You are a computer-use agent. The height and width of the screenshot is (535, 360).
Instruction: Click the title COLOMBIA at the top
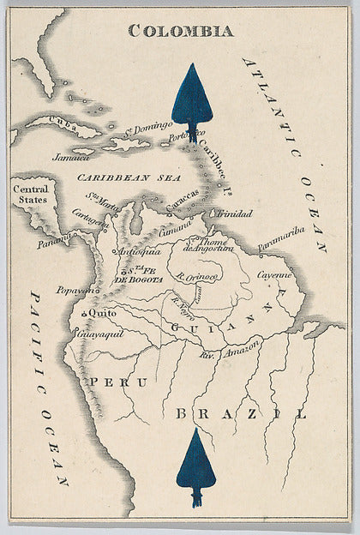(x=180, y=31)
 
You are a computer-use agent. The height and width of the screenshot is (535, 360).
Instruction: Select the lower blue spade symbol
(x=195, y=467)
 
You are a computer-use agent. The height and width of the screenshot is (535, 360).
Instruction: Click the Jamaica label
(x=71, y=157)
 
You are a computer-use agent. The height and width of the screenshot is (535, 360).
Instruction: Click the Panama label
(x=54, y=243)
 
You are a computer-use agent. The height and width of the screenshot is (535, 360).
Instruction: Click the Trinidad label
(x=235, y=213)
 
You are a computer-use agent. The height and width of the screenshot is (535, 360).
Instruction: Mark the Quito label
(x=98, y=315)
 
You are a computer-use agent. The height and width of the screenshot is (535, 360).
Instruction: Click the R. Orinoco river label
(x=197, y=277)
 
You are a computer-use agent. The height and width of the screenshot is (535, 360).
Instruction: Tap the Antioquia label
(x=138, y=252)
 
